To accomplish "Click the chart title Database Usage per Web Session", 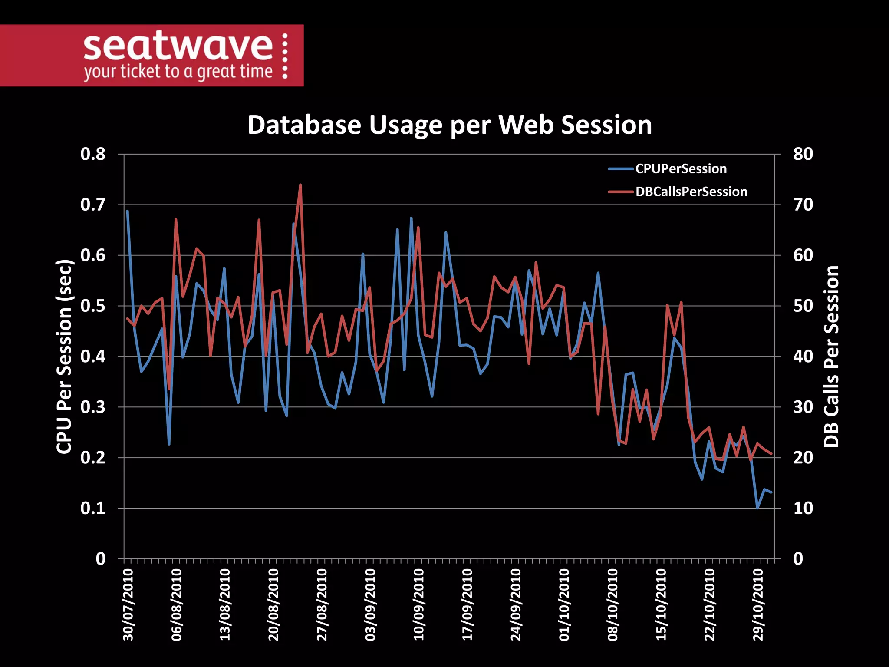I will tap(449, 125).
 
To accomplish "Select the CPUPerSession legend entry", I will tap(681, 169).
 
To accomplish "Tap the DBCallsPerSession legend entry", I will tap(691, 192).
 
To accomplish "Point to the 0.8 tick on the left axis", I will tap(93, 154).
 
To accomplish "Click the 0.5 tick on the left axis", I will tap(93, 306).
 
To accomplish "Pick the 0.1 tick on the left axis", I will tap(93, 508).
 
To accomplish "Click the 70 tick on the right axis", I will tap(803, 205).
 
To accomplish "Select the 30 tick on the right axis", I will tap(803, 407).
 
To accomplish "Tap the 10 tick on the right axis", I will tap(803, 508).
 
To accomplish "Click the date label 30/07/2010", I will tap(128, 604).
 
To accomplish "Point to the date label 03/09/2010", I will tap(370, 604).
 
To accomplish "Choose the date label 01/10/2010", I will tap(564, 604).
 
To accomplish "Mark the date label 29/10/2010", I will tap(758, 604).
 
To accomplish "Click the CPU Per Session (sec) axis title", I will tap(64, 357).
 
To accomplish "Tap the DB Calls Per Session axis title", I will tap(831, 357).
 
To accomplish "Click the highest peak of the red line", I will tap(300, 185).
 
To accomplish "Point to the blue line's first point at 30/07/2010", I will tap(127, 211).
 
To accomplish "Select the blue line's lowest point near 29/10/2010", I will tap(757, 508).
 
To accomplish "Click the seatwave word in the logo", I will tap(178, 46).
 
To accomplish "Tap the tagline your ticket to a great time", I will tap(178, 72).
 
